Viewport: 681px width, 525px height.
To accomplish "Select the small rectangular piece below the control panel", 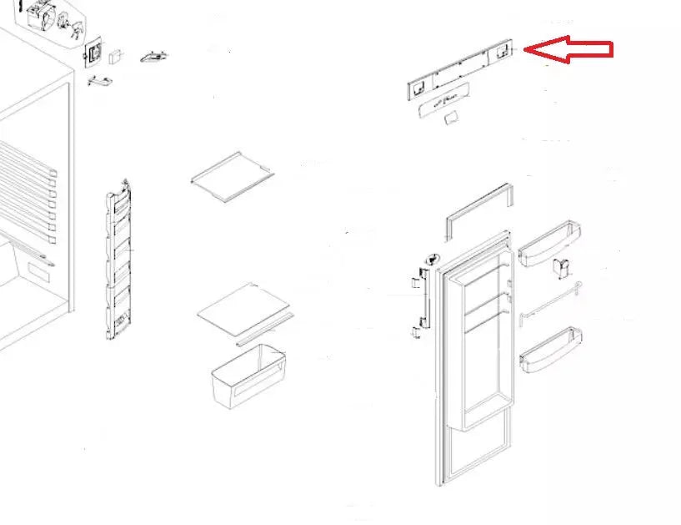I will click(451, 120).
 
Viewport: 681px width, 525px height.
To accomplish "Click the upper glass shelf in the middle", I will click(233, 171).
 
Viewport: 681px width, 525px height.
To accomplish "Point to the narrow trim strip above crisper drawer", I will click(265, 332).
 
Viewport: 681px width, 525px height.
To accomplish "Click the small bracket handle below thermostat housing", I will click(99, 81).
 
